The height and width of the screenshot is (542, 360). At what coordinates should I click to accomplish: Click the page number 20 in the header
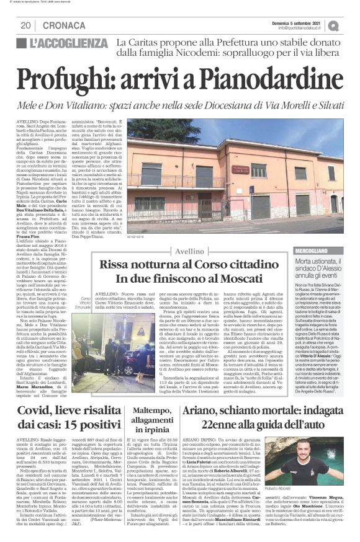click(25, 25)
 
